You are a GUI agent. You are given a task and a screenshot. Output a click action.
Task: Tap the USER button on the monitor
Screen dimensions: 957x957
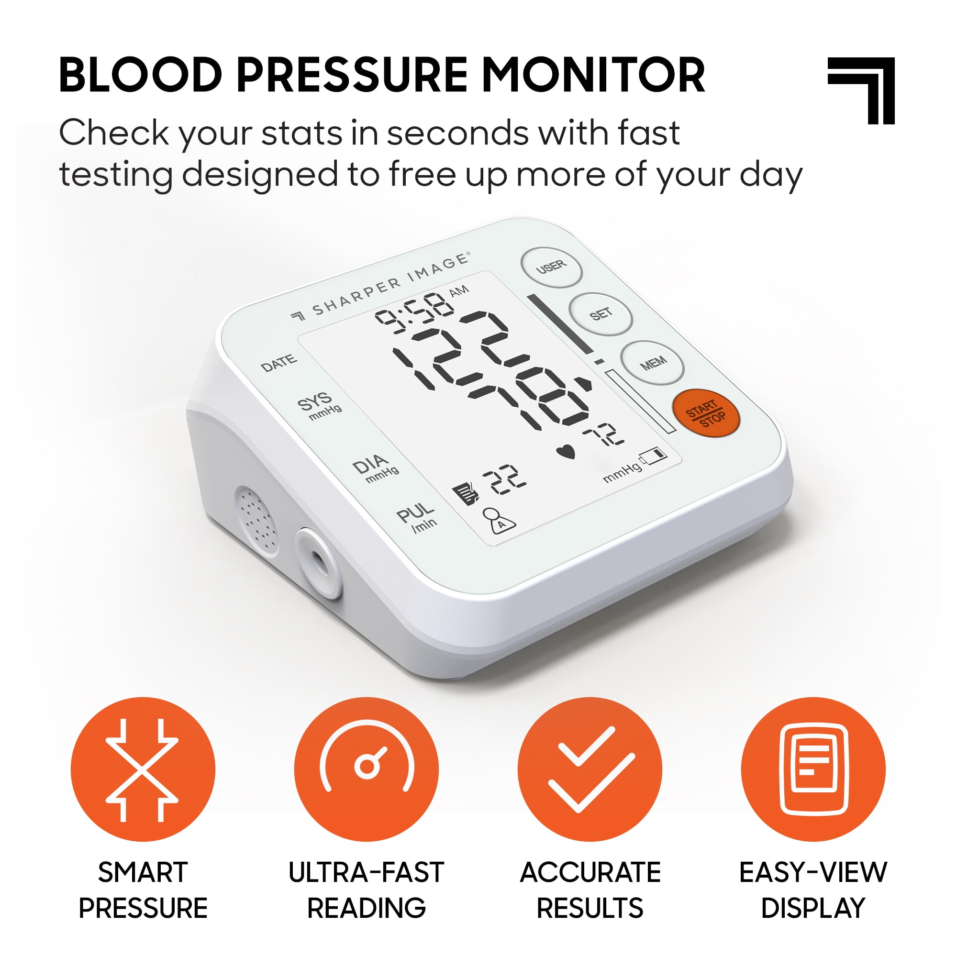click(x=551, y=267)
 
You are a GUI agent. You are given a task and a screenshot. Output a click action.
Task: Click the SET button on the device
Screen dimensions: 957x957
click(x=601, y=314)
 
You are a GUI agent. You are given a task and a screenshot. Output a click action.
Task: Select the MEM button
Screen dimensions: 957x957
click(x=653, y=363)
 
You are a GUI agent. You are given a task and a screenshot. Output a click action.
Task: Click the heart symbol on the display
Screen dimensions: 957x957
click(x=566, y=452)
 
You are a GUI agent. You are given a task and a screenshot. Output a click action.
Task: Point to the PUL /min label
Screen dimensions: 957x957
click(x=417, y=517)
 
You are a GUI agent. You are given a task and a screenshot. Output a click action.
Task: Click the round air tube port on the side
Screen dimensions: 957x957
click(x=319, y=563)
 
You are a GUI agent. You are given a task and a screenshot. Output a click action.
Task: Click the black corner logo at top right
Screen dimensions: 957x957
click(x=861, y=90)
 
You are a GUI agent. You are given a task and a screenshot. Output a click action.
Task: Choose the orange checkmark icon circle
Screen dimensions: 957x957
click(x=590, y=769)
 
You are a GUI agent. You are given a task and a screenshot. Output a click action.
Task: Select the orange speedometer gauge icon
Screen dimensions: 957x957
click(x=367, y=769)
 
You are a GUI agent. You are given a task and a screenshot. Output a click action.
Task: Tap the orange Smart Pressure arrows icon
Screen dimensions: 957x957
click(x=143, y=769)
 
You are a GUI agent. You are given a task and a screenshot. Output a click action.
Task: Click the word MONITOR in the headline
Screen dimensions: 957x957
click(x=593, y=75)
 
